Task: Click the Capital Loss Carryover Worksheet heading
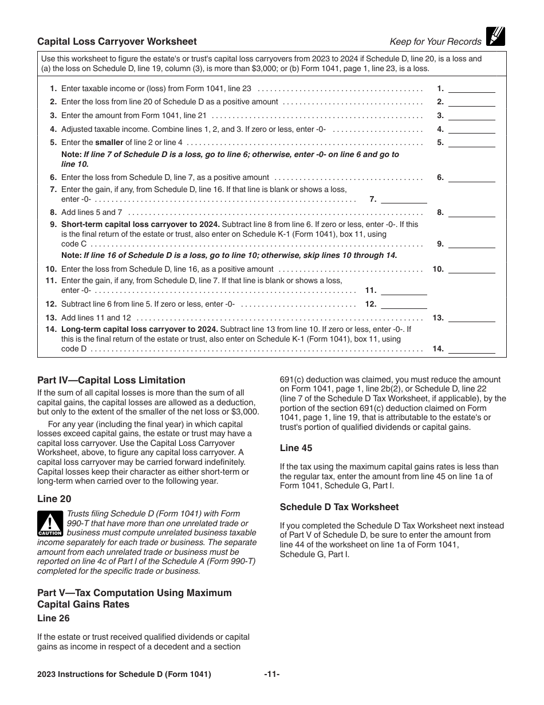[x=117, y=41]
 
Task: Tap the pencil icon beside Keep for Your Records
[x=495, y=37]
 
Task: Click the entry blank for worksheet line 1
[x=472, y=88]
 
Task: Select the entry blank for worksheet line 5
[x=472, y=143]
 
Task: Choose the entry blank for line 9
[x=472, y=244]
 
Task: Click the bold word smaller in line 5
[x=109, y=143]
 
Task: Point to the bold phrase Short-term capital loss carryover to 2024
[x=140, y=224]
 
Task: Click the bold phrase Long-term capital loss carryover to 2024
[x=140, y=329]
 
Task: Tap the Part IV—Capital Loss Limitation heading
[x=111, y=380]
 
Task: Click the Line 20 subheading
[x=54, y=499]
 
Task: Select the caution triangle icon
[x=50, y=523]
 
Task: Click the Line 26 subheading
[x=54, y=618]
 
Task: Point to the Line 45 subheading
[x=296, y=448]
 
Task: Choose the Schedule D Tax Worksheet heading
[x=339, y=507]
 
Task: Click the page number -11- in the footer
[x=272, y=675]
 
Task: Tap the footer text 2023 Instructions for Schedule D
[x=124, y=675]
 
